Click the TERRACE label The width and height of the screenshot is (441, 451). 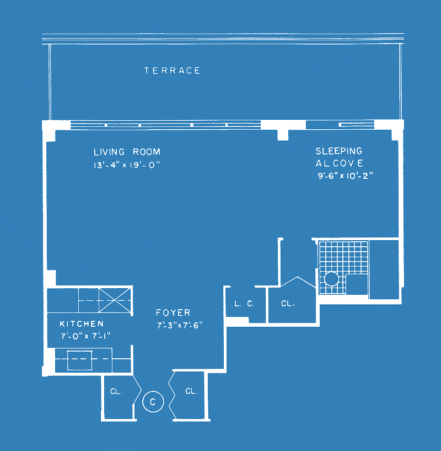(x=172, y=71)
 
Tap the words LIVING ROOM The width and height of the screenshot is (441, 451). (x=127, y=152)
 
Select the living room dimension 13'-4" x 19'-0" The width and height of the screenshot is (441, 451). (x=126, y=165)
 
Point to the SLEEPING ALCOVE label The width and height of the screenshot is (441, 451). (x=340, y=157)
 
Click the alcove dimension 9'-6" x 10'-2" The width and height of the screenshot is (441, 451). (x=345, y=176)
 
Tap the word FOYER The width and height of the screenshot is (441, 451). (x=173, y=312)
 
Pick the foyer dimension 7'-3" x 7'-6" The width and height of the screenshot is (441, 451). (x=180, y=325)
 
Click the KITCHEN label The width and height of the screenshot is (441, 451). (x=82, y=324)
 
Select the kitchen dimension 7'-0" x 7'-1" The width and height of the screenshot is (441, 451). (x=85, y=336)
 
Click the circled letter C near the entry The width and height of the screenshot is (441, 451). (x=153, y=402)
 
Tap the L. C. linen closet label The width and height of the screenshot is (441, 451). (x=244, y=304)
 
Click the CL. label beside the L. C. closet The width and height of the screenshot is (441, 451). (x=288, y=304)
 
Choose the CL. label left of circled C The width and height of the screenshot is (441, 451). (x=117, y=391)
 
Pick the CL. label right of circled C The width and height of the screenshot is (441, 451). (x=192, y=391)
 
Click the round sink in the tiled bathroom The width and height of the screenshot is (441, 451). (x=331, y=279)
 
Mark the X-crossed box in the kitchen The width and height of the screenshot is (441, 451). (x=115, y=300)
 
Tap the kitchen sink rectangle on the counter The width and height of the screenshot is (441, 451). (x=79, y=360)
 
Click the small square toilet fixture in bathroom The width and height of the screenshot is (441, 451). (x=357, y=284)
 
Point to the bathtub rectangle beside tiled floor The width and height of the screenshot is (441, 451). (x=384, y=269)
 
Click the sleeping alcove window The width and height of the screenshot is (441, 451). (x=340, y=125)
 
